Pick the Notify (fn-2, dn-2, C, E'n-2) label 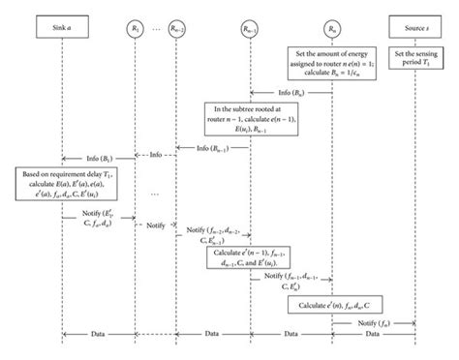point(210,233)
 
